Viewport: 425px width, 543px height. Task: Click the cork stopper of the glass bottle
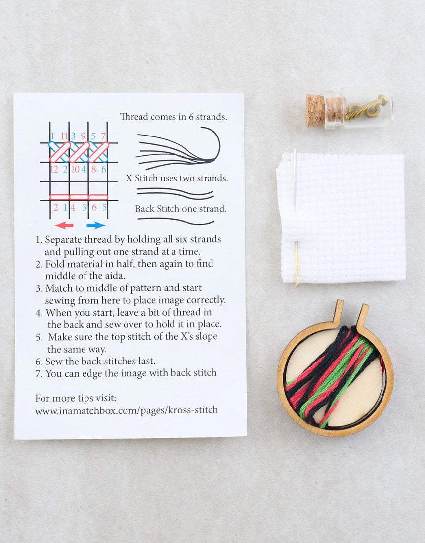[x=315, y=110]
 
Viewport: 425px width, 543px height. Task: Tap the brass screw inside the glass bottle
[x=366, y=107]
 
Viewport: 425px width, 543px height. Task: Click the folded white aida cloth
[x=346, y=218]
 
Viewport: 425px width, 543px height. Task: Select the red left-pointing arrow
[x=64, y=226]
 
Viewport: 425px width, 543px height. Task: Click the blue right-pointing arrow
[x=95, y=226]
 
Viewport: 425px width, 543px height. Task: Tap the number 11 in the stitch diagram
[x=63, y=136]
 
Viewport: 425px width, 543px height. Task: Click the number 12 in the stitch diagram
[x=54, y=169]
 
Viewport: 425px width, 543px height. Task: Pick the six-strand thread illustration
[x=178, y=148]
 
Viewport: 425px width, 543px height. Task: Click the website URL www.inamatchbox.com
[x=127, y=410]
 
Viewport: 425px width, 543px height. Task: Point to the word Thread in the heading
[x=134, y=117]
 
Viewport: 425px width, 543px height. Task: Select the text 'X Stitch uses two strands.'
[x=177, y=178]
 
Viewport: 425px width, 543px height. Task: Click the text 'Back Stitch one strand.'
[x=181, y=209]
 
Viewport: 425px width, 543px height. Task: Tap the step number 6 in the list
[x=38, y=361]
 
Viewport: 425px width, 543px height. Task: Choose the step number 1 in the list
[x=38, y=240]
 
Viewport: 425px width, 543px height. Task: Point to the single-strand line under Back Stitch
[x=175, y=220]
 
